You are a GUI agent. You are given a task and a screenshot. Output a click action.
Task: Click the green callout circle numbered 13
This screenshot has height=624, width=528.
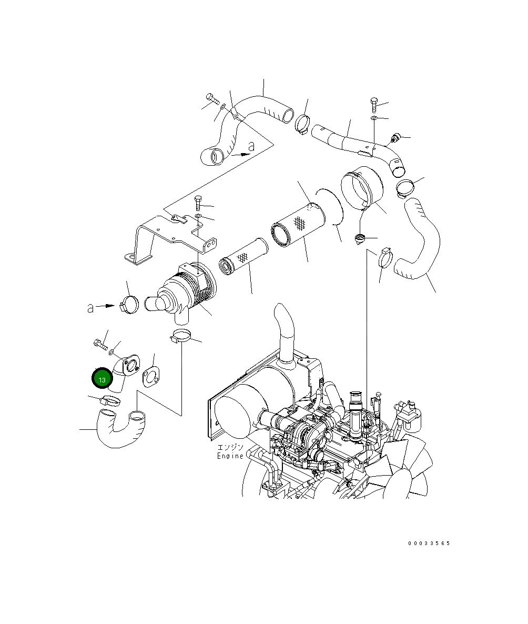click(x=102, y=379)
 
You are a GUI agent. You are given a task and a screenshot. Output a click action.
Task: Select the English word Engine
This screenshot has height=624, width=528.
click(x=230, y=456)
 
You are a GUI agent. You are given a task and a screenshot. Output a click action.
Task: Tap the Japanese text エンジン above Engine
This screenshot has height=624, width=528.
click(x=231, y=447)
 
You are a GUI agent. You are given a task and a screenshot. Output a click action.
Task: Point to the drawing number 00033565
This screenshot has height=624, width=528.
click(x=429, y=544)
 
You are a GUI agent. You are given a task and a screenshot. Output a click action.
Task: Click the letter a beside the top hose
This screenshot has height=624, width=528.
click(x=251, y=147)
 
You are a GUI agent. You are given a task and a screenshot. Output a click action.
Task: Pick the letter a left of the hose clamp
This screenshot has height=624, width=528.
click(x=90, y=308)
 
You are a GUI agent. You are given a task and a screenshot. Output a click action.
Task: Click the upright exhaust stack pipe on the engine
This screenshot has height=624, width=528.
click(x=284, y=331)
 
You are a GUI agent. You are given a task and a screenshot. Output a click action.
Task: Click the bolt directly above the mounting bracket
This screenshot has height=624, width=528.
click(x=198, y=202)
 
